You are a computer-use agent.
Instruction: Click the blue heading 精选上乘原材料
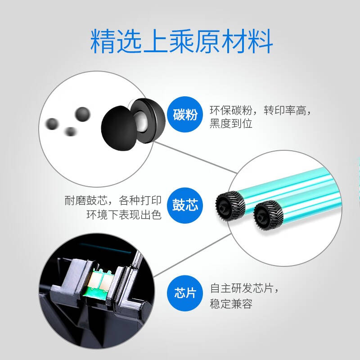[181, 41]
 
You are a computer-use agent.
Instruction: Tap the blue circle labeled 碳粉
[185, 114]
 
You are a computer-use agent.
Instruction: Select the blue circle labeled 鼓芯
[185, 205]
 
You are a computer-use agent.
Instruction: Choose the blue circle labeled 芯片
[185, 293]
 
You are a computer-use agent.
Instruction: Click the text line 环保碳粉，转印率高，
[261, 110]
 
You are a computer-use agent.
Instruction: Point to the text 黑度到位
[231, 123]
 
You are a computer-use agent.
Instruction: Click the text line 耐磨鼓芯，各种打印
[113, 200]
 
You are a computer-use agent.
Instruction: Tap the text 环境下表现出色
[124, 215]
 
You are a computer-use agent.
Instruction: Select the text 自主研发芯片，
[244, 288]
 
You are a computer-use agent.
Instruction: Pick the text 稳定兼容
[231, 303]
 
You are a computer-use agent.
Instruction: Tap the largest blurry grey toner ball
[83, 114]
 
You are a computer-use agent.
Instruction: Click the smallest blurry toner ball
[70, 131]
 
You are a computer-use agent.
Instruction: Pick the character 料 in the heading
[261, 41]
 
